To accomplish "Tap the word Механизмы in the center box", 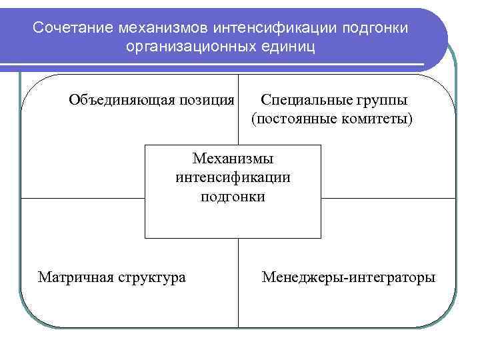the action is coord(233,159).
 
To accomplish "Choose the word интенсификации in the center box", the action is coord(233,177).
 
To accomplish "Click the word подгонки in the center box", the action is coord(233,197).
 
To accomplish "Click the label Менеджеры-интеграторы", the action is coord(349,276).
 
